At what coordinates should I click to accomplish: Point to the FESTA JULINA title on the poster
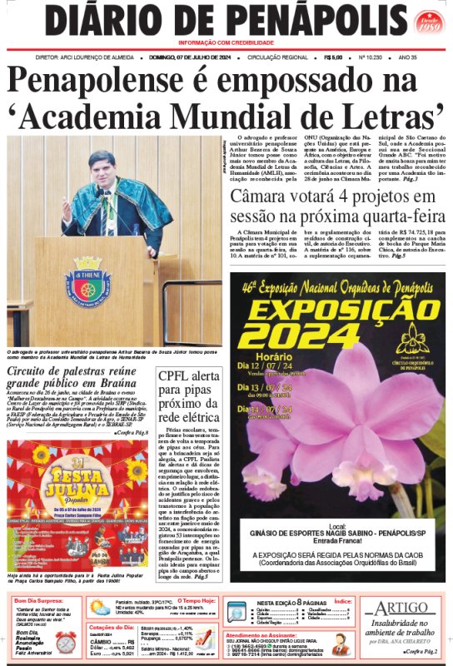coord(77,480)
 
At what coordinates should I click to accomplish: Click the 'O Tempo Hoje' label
coord(197,600)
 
